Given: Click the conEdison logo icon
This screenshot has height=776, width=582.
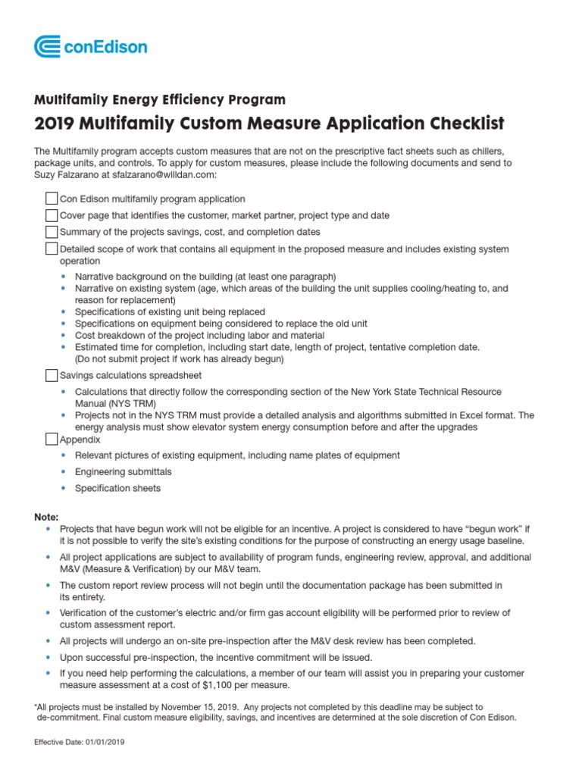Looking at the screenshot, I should (x=48, y=47).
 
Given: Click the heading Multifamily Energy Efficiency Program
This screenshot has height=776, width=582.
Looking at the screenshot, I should (x=160, y=100).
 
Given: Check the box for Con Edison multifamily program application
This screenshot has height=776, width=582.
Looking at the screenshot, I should (x=52, y=199).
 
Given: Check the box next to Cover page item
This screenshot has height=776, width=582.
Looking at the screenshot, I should (x=52, y=215).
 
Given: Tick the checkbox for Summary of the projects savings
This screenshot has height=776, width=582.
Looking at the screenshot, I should (x=52, y=232).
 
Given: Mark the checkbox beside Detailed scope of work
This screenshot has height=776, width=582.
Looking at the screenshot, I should (x=52, y=249).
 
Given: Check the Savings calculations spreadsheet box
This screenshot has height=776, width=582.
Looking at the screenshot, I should (x=52, y=375).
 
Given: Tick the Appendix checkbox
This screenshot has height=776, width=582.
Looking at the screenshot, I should (x=52, y=439).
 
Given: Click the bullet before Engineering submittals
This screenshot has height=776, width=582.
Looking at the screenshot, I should (x=64, y=472).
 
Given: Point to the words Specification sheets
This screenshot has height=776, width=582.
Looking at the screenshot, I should (x=117, y=489).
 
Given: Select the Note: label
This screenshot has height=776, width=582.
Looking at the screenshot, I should (x=46, y=516).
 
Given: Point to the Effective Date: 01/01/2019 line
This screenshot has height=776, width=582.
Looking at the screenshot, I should (x=80, y=742).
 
